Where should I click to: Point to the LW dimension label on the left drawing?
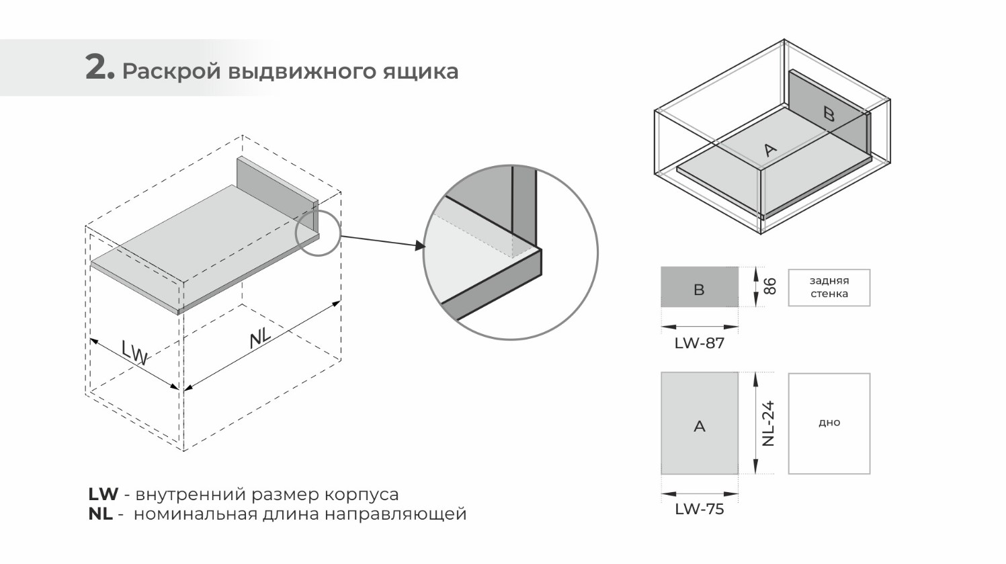point(135,352)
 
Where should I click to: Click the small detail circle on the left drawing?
point(318,233)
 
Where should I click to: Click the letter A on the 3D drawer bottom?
point(770,150)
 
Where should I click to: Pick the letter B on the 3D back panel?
point(829,114)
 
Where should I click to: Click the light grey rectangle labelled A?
point(699,424)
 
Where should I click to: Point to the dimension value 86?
point(770,286)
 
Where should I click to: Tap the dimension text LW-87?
point(699,344)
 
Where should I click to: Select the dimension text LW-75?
point(699,510)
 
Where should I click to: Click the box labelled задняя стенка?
point(829,288)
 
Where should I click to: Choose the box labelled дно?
point(829,424)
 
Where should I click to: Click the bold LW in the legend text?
point(103,495)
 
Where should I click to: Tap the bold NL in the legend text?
point(100,515)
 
